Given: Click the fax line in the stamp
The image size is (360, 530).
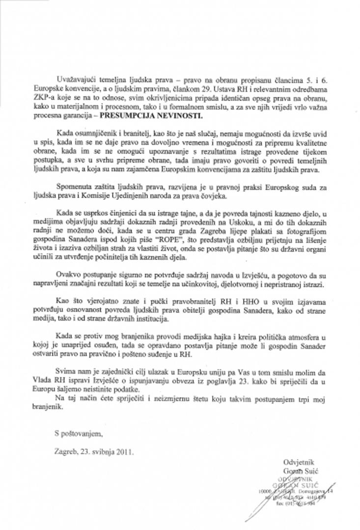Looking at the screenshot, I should click(302, 508).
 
